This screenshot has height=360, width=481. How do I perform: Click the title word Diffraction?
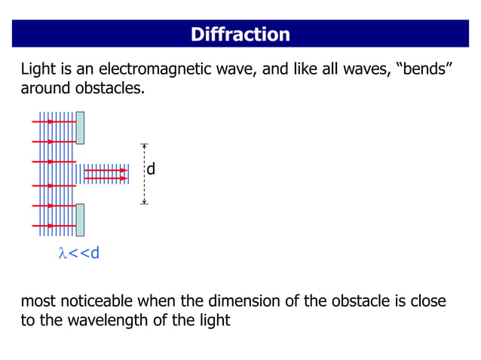(240, 35)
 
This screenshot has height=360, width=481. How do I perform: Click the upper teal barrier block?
(79, 127)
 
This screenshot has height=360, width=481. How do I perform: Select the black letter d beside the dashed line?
(151, 169)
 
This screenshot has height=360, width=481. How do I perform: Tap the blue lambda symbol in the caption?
(63, 253)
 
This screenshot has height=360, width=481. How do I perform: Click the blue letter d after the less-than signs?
(94, 253)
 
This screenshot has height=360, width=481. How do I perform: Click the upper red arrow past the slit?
(106, 171)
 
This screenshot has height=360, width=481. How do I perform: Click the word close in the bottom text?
(427, 302)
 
